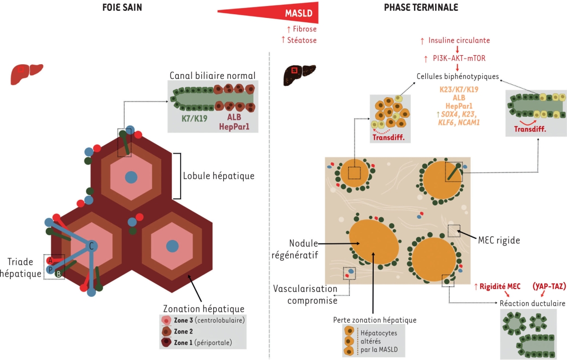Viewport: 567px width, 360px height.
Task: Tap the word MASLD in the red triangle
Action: point(299,14)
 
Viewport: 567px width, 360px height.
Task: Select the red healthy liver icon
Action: point(27,73)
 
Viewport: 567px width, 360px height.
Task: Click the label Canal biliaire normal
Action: point(213,76)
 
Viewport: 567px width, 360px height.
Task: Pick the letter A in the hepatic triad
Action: point(50,260)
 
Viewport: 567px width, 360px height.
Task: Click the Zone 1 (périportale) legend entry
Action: point(203,342)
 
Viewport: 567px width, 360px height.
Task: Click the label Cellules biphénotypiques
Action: point(457,76)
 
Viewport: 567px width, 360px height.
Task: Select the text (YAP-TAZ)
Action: point(549,286)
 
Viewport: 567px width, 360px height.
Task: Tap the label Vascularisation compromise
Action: point(305,294)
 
